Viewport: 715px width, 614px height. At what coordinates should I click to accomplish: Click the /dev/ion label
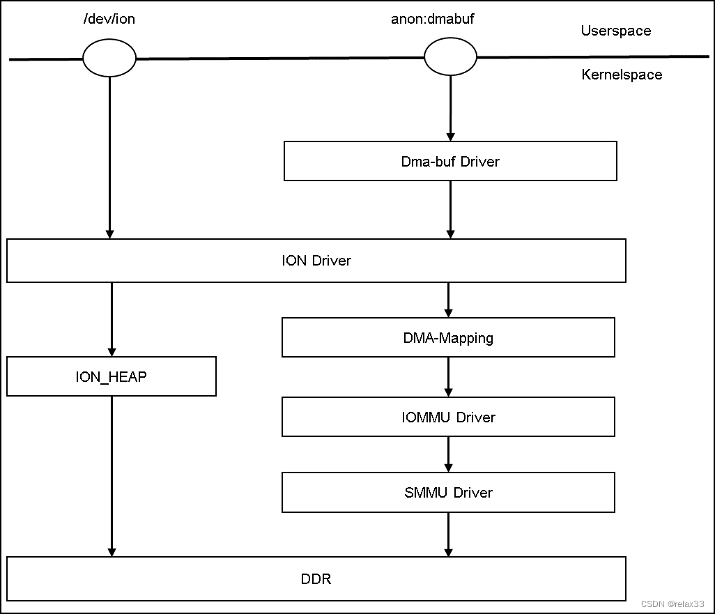click(x=109, y=19)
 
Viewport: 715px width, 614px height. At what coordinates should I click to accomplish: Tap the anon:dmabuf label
click(x=432, y=19)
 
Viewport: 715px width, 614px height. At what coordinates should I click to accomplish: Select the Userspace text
click(x=616, y=31)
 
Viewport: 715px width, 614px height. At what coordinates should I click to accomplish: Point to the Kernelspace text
click(x=622, y=75)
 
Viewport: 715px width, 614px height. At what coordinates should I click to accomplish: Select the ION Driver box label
click(x=316, y=261)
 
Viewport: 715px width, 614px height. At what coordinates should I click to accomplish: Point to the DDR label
click(x=316, y=579)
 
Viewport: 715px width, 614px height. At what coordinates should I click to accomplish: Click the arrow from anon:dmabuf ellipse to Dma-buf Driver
click(x=450, y=109)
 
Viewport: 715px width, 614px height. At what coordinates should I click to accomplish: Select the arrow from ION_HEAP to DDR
click(x=112, y=476)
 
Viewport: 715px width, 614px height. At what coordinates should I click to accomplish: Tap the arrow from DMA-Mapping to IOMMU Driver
click(x=448, y=377)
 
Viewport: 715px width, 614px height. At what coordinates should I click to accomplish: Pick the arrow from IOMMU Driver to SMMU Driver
click(x=448, y=454)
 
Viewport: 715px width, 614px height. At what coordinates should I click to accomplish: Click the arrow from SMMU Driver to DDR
click(x=448, y=535)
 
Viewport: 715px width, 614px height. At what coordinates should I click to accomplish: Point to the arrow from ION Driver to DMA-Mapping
click(x=448, y=300)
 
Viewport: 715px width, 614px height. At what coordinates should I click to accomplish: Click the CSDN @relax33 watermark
click(x=672, y=604)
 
